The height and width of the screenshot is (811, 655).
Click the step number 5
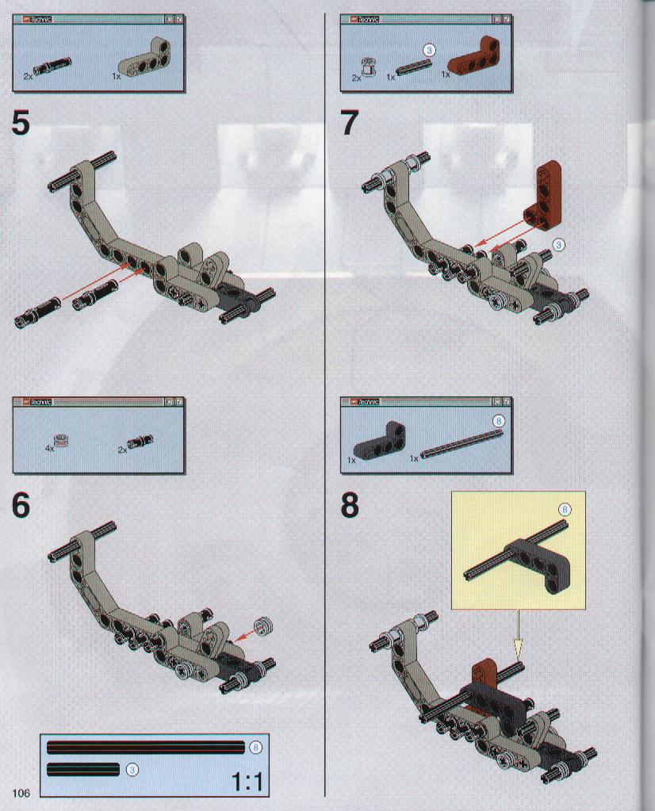21,124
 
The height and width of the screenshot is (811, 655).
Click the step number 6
21,506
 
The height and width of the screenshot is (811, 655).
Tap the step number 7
350,124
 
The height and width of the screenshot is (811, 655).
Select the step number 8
350,506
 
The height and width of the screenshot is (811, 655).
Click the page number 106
21,793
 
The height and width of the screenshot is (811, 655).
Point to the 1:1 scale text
247,782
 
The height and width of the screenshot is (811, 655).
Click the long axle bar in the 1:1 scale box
145,748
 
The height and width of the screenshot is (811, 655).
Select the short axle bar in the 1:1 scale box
82,769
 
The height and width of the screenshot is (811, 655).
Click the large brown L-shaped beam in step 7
542,197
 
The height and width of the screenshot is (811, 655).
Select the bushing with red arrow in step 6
264,626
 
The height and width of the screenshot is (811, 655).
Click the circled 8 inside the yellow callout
565,510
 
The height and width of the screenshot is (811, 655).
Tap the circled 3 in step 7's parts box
429,50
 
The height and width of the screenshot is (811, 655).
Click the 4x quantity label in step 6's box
50,449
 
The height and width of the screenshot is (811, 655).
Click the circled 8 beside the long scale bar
255,748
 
